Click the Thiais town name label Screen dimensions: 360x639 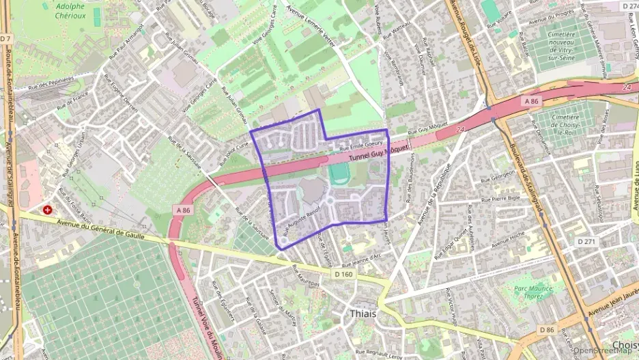(362, 314)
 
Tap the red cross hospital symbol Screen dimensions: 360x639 (47, 210)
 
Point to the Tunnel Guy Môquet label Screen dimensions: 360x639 (379, 152)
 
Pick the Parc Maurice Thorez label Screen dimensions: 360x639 (534, 292)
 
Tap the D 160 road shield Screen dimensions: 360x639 (344, 274)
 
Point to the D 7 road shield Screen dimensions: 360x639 (6, 38)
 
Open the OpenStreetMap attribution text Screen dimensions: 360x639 (603, 351)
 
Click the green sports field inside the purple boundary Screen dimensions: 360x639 (337, 174)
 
